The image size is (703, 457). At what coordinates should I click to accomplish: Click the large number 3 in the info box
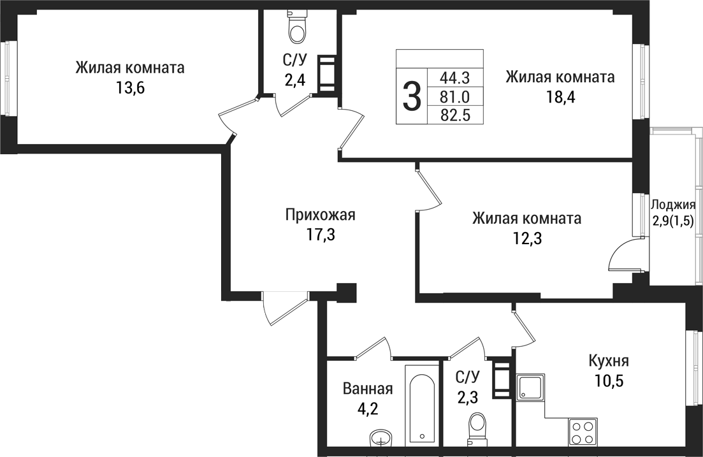coord(412,96)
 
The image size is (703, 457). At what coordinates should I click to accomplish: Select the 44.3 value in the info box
coord(454,78)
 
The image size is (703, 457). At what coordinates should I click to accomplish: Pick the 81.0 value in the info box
coord(454,97)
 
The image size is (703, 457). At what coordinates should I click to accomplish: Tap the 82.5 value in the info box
coord(454,115)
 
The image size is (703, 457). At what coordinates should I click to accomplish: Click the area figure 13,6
coord(130,88)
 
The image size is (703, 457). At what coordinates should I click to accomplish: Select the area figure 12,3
coord(526,238)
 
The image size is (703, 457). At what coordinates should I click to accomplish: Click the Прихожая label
coord(320,215)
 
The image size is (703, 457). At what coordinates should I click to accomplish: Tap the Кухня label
coord(609,361)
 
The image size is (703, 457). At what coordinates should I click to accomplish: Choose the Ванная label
coord(367,389)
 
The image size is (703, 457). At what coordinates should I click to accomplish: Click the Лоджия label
coord(673,205)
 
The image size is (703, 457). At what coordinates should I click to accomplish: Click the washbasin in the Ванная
coord(380,439)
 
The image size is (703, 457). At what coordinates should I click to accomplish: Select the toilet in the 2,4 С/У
coord(297,26)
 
